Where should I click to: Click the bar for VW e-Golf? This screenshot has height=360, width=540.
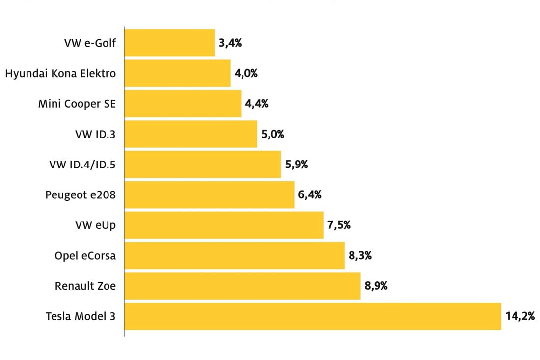tap(169, 43)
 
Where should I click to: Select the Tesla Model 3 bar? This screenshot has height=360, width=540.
tap(313, 316)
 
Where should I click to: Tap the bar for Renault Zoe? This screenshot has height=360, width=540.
tap(243, 286)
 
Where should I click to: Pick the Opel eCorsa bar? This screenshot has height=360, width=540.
tap(235, 255)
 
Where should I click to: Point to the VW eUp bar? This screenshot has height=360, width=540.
tap(224, 225)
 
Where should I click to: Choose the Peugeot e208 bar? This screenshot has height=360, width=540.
tap(209, 194)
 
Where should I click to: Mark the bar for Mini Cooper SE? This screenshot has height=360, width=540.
tap(183, 104)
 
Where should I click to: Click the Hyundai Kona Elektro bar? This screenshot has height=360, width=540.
tap(177, 73)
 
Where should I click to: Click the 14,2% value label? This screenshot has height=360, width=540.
tap(520, 316)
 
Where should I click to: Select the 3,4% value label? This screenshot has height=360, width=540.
tap(230, 43)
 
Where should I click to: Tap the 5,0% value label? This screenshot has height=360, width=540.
tap(273, 134)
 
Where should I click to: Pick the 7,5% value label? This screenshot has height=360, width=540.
tap(339, 225)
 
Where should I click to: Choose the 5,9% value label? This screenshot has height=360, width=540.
tap(297, 165)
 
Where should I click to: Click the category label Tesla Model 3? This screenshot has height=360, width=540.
tap(81, 316)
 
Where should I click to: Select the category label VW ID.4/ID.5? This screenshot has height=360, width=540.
tap(82, 165)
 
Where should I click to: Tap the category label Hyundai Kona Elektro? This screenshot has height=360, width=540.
tap(60, 73)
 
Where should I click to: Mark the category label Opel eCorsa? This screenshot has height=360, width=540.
tap(85, 255)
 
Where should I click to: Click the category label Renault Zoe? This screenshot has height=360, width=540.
tap(85, 286)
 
